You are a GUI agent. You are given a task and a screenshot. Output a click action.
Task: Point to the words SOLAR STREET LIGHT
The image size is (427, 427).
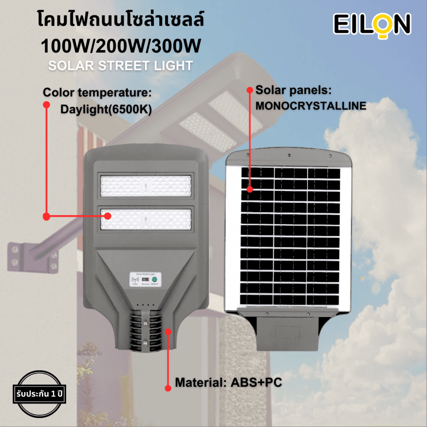click(120, 66)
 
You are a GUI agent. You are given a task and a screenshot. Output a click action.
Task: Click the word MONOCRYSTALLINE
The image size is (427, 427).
click(310, 106)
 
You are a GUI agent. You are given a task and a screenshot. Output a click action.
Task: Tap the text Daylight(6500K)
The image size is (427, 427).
click(106, 109)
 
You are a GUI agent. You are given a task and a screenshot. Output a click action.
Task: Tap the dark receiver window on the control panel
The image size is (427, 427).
click(146, 279)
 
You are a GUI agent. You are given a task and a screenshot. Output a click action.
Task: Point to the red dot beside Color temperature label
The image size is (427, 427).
click(46, 104)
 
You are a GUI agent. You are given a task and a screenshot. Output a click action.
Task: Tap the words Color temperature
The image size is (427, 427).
click(98, 93)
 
